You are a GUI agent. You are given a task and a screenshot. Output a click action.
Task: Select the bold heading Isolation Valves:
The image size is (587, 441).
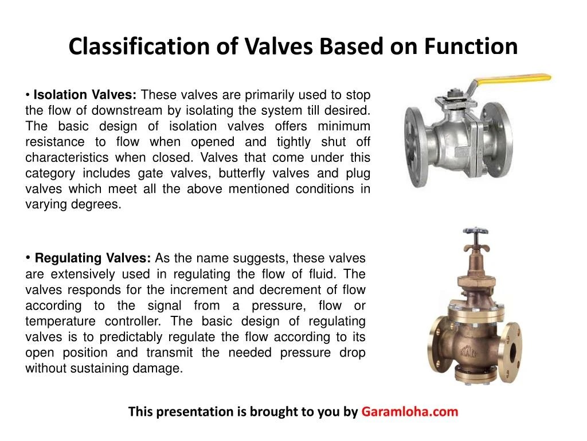pyautogui.click(x=85, y=95)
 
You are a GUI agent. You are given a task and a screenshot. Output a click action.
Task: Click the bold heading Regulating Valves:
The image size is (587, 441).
pyautogui.click(x=93, y=258)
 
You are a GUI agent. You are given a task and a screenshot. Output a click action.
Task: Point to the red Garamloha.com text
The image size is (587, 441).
pyautogui.click(x=410, y=412)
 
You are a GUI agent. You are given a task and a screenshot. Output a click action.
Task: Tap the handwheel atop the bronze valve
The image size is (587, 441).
pyautogui.click(x=475, y=236)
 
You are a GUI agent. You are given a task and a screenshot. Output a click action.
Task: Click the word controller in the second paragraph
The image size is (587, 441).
pyautogui.click(x=135, y=321)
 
